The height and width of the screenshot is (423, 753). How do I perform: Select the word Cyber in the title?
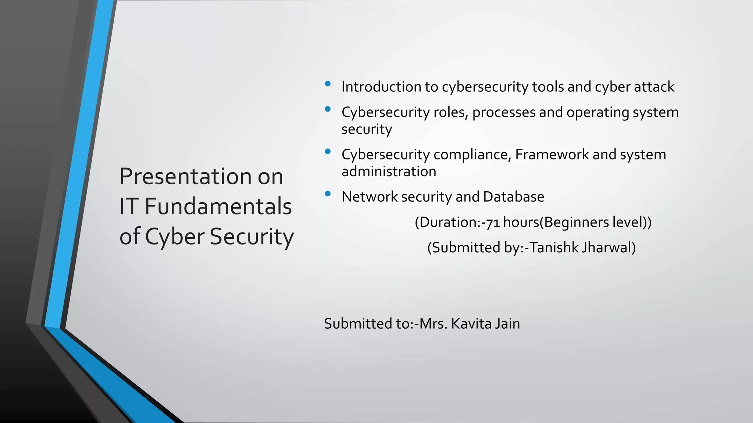(175, 237)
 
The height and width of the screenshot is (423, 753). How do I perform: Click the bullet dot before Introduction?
(328, 84)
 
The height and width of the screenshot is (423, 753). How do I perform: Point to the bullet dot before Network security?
(328, 194)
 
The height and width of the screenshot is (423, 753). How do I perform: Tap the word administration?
(389, 171)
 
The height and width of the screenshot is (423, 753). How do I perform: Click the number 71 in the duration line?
(493, 223)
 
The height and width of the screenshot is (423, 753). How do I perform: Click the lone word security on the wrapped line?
(367, 130)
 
